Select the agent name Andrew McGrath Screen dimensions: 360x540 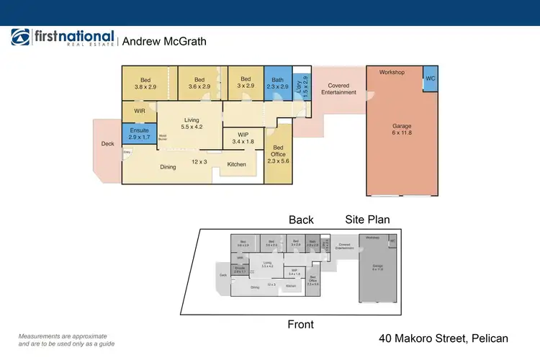click(x=164, y=42)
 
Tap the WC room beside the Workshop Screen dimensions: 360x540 click(x=430, y=78)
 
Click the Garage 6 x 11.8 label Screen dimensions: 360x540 click(x=401, y=130)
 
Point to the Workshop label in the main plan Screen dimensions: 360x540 click(x=392, y=73)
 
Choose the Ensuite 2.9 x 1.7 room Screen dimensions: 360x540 click(x=139, y=134)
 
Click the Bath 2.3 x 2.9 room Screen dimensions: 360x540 click(x=277, y=84)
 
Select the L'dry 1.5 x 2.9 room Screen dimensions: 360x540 click(x=302, y=87)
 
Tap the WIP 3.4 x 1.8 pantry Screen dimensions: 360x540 click(x=238, y=138)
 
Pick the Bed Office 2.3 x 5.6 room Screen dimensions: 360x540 click(x=278, y=153)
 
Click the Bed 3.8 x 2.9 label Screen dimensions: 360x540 click(x=145, y=84)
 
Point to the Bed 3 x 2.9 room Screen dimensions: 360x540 click(x=246, y=84)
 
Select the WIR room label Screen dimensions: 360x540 click(x=140, y=112)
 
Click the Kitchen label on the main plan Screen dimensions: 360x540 click(x=237, y=164)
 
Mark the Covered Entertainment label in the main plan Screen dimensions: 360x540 click(x=338, y=89)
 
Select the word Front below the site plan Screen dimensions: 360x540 click(x=300, y=325)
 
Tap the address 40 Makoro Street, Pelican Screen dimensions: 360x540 click(x=444, y=338)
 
